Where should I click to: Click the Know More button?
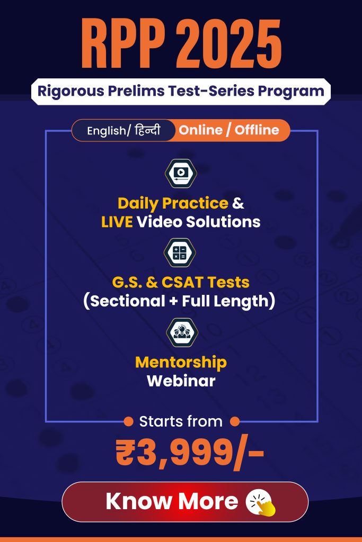coord(185,502)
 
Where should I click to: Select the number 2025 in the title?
coord(229,44)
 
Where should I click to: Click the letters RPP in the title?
coord(123,44)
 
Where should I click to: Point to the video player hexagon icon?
coord(181,173)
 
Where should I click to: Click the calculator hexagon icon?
coord(180,252)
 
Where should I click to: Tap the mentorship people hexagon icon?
coord(182,332)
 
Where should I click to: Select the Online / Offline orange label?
coord(229,130)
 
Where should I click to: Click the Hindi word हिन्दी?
coord(147,130)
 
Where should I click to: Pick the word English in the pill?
coord(106,131)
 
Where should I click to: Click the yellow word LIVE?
coord(117,222)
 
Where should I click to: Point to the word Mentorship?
coord(181,363)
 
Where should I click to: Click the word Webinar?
coord(181,381)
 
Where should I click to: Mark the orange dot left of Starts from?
coord(128,422)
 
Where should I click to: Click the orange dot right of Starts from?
coord(235,422)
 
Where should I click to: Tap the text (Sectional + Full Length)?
coord(179,301)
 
